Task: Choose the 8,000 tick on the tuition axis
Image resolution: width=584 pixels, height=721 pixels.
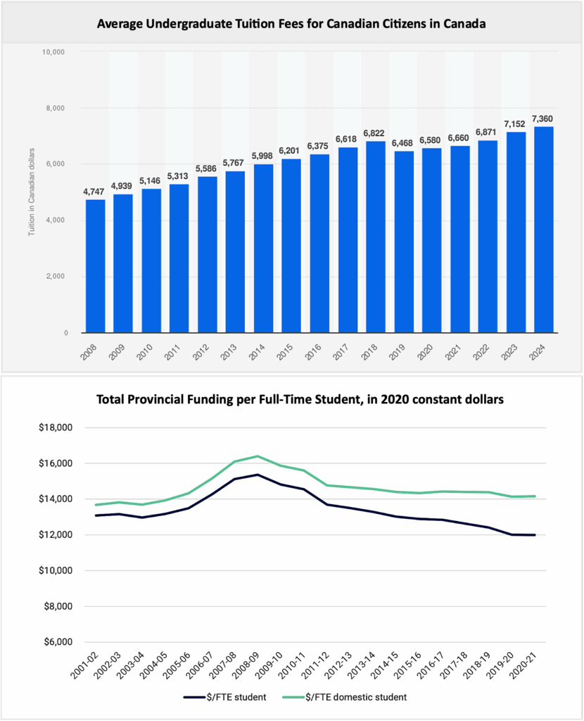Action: coord(54,108)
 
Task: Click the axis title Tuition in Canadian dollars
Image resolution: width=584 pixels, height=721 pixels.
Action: coord(32,192)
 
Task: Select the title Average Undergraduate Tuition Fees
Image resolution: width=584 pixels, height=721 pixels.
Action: coord(291,24)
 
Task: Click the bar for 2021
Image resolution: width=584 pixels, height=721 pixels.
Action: coord(459,239)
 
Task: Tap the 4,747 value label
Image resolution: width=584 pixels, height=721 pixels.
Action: coord(95,192)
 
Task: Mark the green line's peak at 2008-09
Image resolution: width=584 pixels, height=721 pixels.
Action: coord(257,456)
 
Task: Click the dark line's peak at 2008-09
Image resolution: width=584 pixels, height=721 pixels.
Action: coord(257,475)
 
